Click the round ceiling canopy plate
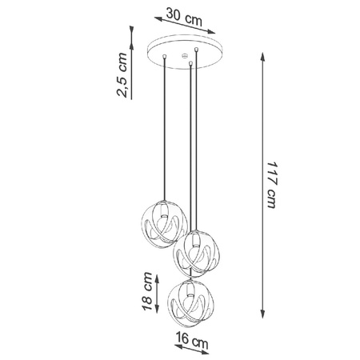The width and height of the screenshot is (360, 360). tap(180, 53)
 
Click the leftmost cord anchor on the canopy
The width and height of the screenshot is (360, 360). tap(165, 56)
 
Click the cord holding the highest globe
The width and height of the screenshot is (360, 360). tap(165, 128)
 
